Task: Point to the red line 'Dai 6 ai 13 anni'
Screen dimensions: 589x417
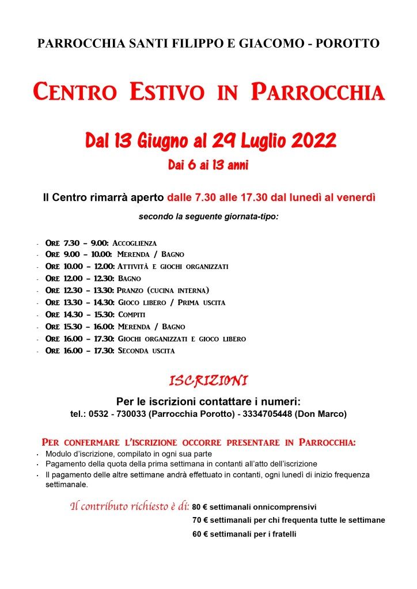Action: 208,166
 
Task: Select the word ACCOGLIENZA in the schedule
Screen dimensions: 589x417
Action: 134,243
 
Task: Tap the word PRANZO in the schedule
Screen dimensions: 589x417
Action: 130,290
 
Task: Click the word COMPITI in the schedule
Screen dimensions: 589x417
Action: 132,314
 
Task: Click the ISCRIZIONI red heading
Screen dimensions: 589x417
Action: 208,381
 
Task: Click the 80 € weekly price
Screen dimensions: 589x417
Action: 199,507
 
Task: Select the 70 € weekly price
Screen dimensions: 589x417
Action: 199,520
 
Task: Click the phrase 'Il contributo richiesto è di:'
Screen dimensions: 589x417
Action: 130,507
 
